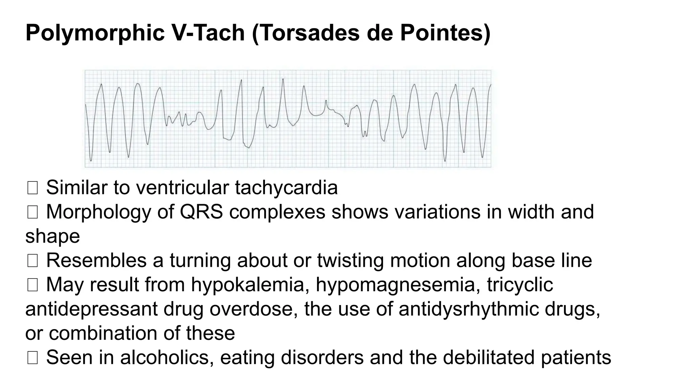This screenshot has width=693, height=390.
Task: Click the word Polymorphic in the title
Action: [95, 33]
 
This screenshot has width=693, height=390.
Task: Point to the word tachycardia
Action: [286, 188]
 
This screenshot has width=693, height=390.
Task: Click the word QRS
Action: [201, 212]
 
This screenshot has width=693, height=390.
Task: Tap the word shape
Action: [52, 237]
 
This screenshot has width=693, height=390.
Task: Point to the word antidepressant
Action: [91, 309]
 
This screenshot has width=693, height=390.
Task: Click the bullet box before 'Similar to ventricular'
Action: [32, 188]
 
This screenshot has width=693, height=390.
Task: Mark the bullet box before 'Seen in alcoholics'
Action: [32, 358]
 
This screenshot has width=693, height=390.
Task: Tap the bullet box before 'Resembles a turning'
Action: [32, 261]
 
